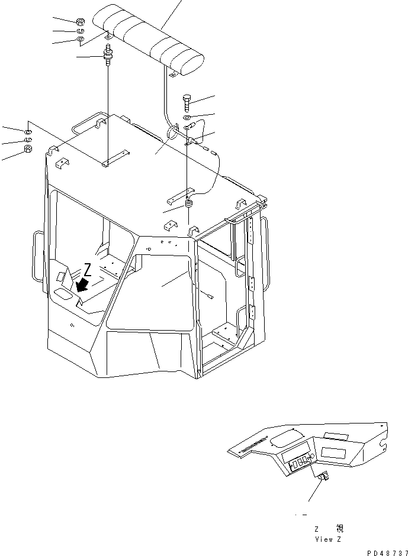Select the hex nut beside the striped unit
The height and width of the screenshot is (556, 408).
[80, 22]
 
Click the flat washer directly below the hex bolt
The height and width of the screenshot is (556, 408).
[187, 118]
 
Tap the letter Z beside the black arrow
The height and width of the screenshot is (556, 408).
[87, 270]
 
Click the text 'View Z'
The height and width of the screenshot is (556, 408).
[329, 539]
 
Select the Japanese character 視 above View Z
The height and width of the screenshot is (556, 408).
[339, 528]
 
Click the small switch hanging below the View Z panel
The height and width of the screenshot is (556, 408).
[323, 478]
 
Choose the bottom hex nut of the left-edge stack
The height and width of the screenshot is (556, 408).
[28, 150]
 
